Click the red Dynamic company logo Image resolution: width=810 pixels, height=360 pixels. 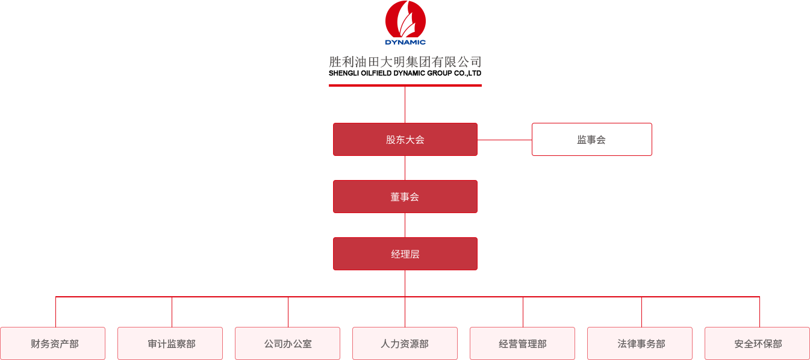coord(405,22)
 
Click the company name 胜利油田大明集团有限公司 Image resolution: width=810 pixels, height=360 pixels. coord(405,62)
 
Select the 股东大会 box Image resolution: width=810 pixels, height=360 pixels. coord(405,140)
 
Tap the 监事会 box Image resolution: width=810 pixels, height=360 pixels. coord(591,140)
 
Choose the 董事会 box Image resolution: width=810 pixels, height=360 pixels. coord(405,197)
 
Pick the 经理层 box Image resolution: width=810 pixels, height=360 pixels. coord(405,254)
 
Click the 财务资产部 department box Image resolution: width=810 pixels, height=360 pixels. coord(53,344)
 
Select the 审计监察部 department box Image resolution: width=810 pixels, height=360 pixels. coord(170,344)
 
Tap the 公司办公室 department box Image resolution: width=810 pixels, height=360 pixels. coord(288,344)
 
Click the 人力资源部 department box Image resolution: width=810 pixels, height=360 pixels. coord(405,344)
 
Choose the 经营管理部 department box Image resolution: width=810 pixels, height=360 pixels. coord(522,344)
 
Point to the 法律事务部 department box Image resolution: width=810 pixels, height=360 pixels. coord(640,344)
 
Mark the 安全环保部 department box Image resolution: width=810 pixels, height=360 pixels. coord(757,344)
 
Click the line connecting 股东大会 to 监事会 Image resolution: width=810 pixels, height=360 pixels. coord(505,140)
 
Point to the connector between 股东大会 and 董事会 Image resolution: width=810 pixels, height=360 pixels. coord(405,168)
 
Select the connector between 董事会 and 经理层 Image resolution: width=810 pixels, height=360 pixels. coord(405,225)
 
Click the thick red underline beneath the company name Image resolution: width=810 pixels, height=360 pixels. coord(405,85)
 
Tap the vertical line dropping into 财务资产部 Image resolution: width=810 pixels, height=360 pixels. coord(55,312)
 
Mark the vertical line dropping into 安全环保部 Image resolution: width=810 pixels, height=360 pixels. coord(759,312)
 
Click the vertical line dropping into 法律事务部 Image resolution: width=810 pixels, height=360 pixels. coord(641,312)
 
